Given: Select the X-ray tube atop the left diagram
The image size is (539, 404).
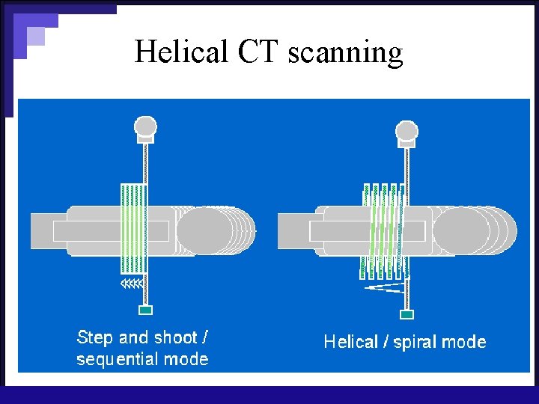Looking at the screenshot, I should [x=145, y=129].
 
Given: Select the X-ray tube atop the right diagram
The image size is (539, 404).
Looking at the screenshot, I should [x=406, y=132].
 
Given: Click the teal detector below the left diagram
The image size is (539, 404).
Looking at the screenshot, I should [x=146, y=310].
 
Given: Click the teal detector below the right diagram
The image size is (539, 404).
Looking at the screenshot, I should [x=407, y=314].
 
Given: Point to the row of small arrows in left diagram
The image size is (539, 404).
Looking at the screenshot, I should [x=132, y=284].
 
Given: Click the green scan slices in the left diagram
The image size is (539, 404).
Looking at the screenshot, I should [x=133, y=228].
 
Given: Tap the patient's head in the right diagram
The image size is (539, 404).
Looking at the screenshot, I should [x=462, y=231].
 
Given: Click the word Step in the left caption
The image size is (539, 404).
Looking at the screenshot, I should [x=94, y=338].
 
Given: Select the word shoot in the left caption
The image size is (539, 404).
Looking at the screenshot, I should [x=175, y=337].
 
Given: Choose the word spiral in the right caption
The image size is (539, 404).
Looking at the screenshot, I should [x=414, y=343].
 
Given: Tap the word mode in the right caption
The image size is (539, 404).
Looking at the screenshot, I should [x=464, y=343].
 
